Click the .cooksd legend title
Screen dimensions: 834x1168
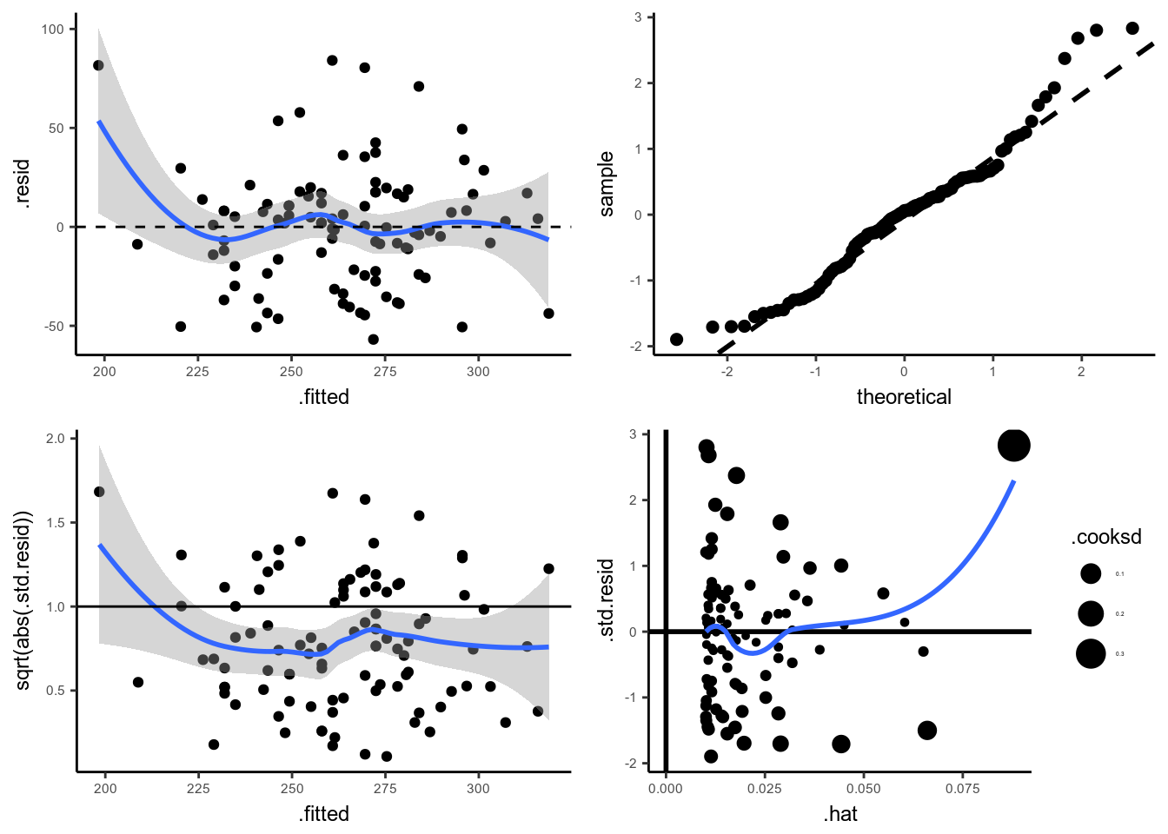[x=1105, y=537]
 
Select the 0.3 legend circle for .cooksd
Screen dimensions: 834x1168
[x=1091, y=653]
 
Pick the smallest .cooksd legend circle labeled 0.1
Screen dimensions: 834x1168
[x=1091, y=573]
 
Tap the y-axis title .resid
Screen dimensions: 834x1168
[x=22, y=183]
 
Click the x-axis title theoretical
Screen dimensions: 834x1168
[x=904, y=397]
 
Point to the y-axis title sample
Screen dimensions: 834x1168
[x=606, y=183]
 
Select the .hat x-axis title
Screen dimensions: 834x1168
[x=840, y=814]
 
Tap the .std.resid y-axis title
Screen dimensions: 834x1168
[x=606, y=600]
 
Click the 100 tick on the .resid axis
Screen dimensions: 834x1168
[x=52, y=30]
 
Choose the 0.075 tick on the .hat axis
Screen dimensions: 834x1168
[x=962, y=789]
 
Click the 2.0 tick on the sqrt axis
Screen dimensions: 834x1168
[x=55, y=439]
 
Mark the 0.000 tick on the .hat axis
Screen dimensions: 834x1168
[x=666, y=789]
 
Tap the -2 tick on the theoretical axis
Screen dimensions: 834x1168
[x=727, y=372]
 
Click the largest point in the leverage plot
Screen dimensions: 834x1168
[x=1014, y=446]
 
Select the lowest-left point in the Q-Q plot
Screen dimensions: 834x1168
[x=677, y=340]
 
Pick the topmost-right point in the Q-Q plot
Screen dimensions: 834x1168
[x=1132, y=29]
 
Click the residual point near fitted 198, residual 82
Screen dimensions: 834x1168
[x=98, y=65]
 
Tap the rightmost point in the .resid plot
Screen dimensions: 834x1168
[x=548, y=314]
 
